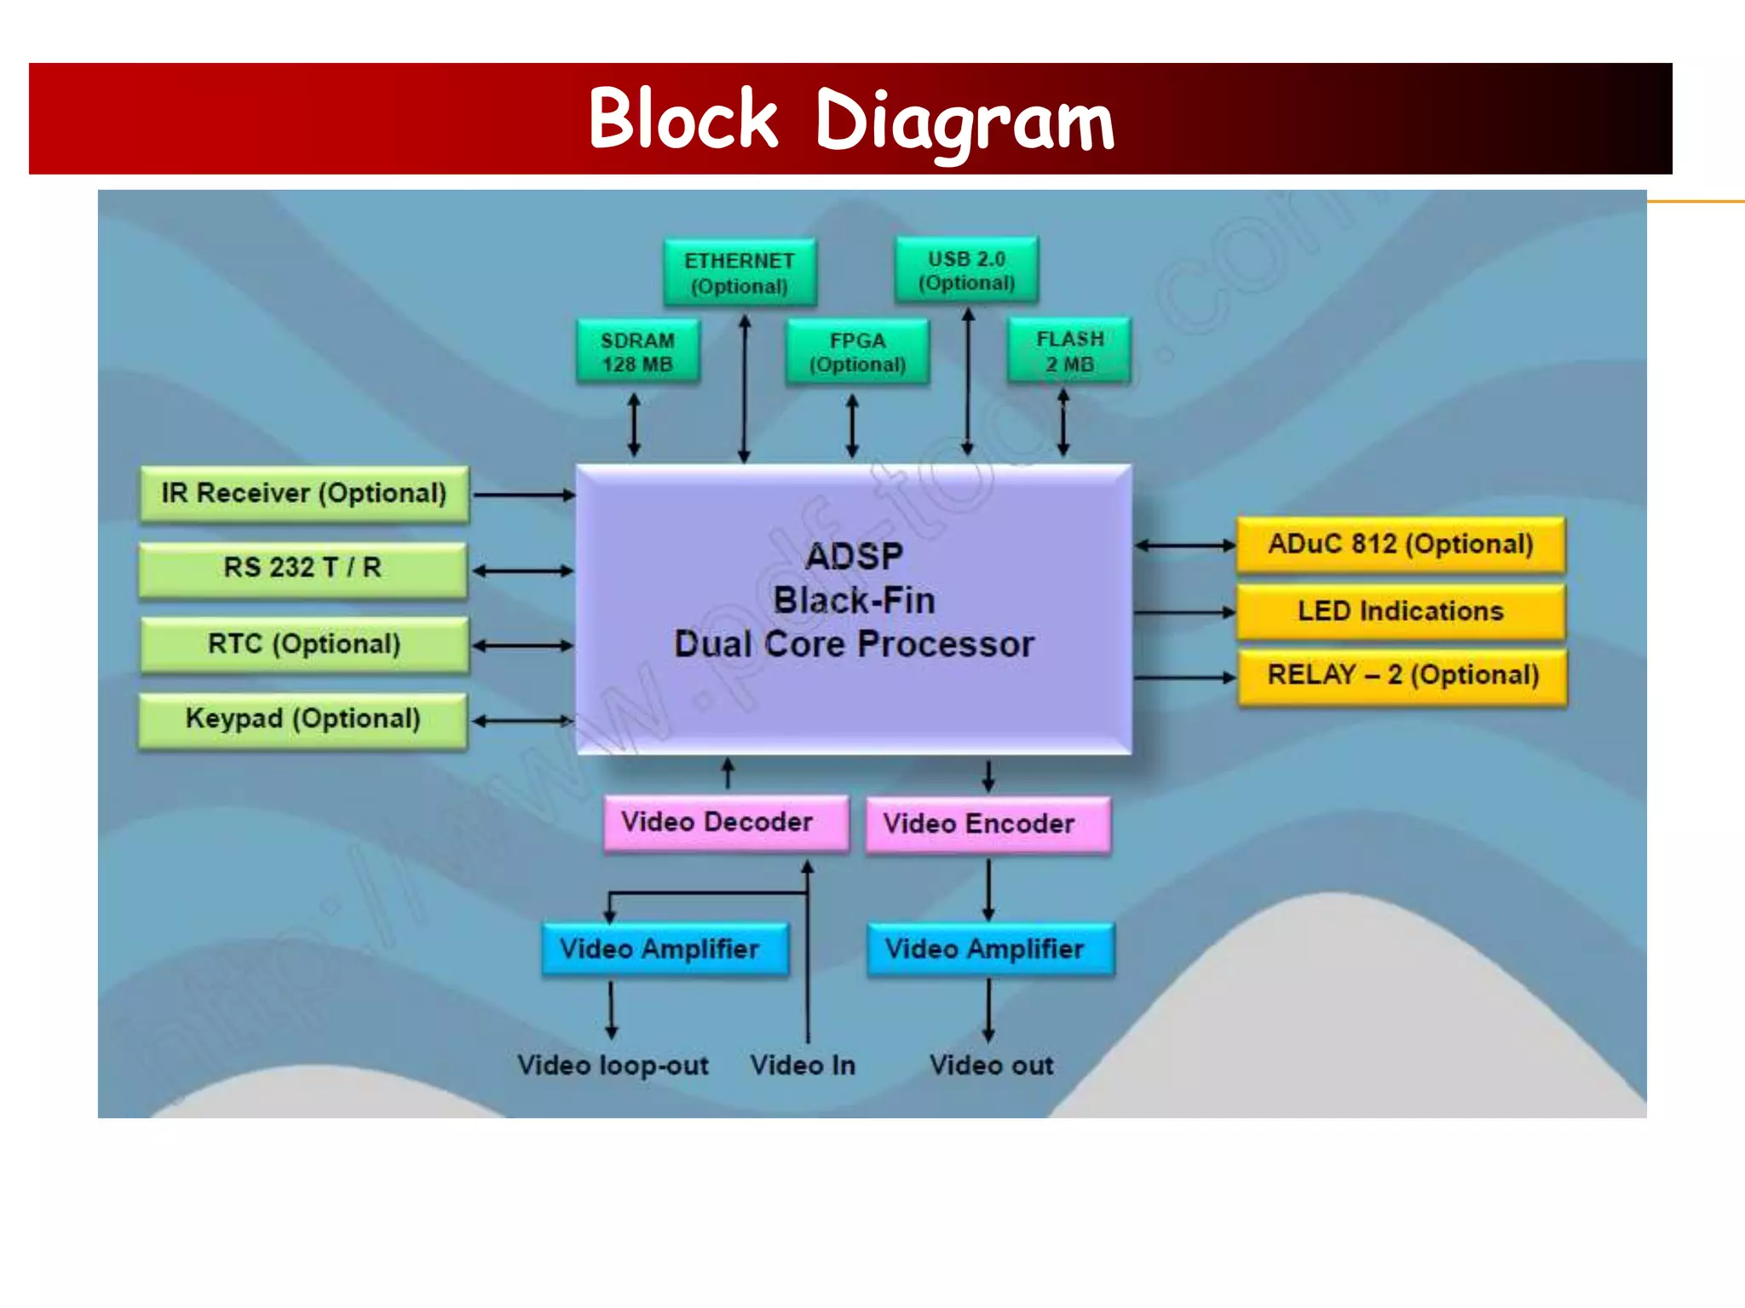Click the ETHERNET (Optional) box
[x=740, y=272]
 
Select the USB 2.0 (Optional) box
[x=966, y=270]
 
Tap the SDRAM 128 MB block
[x=637, y=352]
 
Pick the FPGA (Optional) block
[x=857, y=352]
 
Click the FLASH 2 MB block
[x=1069, y=351]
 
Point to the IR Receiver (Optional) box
[x=304, y=493]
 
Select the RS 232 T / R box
[x=302, y=568]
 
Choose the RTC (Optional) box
[x=304, y=644]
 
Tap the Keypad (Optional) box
[x=302, y=719]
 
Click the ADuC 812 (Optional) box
[x=1400, y=544]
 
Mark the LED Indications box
[x=1400, y=611]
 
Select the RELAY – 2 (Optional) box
[x=1402, y=675]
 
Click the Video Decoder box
[x=726, y=823]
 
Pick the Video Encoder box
[x=988, y=823]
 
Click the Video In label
[x=803, y=1065]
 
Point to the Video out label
[x=991, y=1065]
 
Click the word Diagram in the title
[x=964, y=121]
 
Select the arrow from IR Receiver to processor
[x=523, y=494]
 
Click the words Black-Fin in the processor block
[x=854, y=600]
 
